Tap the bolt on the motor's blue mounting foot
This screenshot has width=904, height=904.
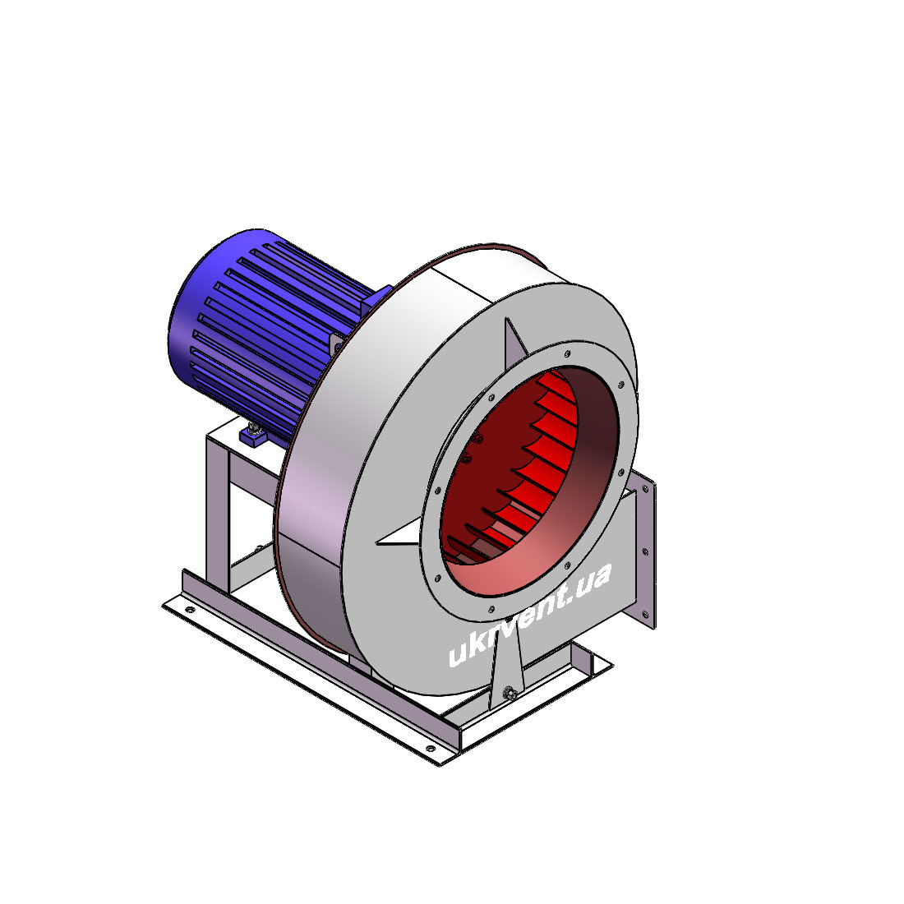point(253,428)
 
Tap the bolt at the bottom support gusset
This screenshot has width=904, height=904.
point(509,693)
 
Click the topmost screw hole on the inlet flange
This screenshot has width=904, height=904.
point(567,353)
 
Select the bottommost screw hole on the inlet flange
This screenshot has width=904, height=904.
point(491,610)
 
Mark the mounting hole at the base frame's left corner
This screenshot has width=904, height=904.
point(189,609)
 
